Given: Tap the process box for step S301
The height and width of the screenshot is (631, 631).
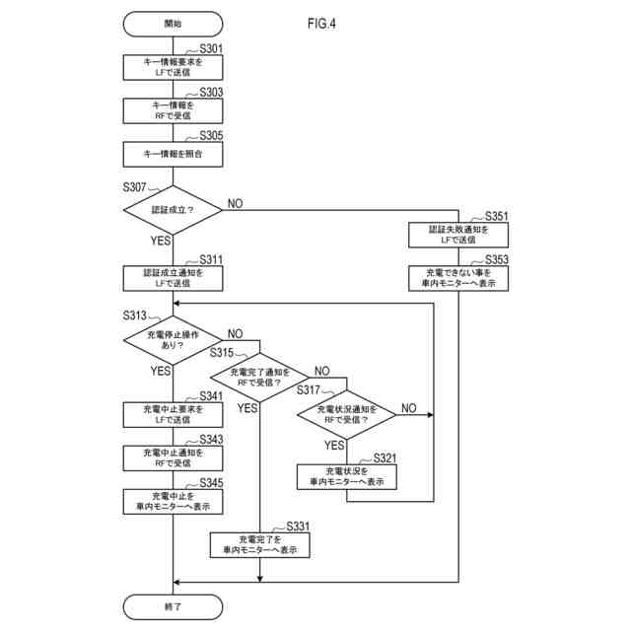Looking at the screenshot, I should click(173, 66).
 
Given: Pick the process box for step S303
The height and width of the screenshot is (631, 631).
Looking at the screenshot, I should click(173, 109).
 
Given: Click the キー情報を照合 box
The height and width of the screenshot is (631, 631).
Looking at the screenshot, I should click(173, 154).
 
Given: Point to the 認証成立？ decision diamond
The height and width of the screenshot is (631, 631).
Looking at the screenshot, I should click(173, 210).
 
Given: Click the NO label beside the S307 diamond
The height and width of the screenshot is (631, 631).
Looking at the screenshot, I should click(236, 203).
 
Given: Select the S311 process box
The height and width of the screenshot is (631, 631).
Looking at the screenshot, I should click(173, 278).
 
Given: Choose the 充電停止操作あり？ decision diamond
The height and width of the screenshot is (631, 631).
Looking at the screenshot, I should click(173, 341).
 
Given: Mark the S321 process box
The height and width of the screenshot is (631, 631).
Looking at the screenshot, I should click(346, 477).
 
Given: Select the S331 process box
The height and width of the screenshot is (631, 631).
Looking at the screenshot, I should click(259, 544).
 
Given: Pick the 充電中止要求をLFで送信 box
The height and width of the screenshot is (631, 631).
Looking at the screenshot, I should click(173, 414).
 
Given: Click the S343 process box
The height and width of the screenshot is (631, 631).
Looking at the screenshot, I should click(173, 457).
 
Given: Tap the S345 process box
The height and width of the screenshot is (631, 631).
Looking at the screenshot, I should click(173, 501).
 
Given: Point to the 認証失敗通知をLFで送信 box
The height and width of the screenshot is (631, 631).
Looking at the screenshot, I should click(458, 234).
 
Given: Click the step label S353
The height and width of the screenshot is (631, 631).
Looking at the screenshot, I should click(491, 259).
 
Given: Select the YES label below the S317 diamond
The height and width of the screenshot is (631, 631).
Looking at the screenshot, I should click(334, 445).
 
